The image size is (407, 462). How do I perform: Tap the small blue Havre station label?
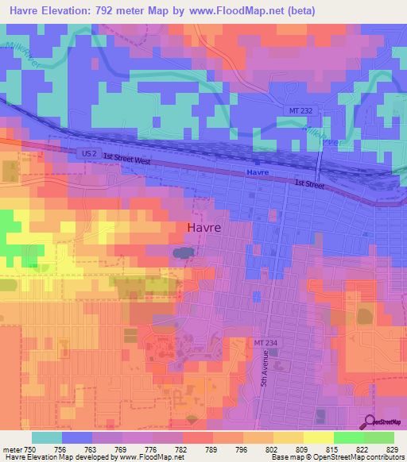pos(258,172)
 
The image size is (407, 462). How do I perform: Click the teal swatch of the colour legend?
pos(46,437)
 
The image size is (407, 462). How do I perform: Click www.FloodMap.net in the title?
pos(242,11)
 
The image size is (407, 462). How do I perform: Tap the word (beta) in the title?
pos(304,11)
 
